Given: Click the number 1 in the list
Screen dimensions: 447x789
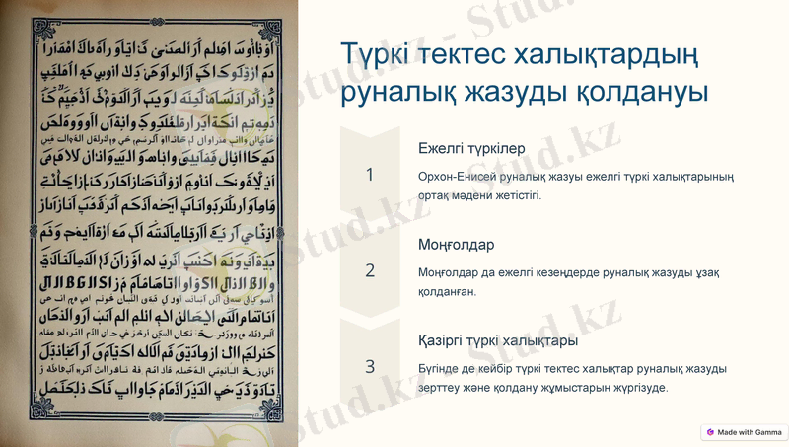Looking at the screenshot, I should (370, 175).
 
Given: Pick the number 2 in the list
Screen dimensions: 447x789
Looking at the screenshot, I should (370, 270).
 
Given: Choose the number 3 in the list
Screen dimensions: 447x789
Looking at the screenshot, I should (370, 366).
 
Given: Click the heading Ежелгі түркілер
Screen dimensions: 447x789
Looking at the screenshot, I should (471, 148).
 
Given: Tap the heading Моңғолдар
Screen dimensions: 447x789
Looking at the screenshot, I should (456, 244).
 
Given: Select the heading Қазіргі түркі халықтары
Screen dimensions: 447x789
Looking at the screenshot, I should (498, 340).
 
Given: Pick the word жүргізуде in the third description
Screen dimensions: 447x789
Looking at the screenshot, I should (638, 387).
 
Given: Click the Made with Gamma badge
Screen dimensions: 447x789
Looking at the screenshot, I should (744, 432).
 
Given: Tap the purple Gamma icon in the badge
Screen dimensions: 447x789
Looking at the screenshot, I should (710, 432).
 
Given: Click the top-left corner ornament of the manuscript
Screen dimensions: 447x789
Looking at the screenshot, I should (43, 33).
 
